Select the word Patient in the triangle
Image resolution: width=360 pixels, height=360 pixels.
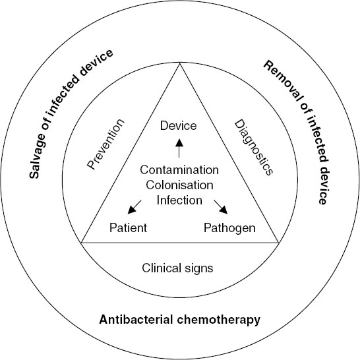pyautogui.click(x=129, y=228)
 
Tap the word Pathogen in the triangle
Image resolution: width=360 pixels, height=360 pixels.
pyautogui.click(x=231, y=228)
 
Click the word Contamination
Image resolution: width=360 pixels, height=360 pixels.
pyautogui.click(x=179, y=170)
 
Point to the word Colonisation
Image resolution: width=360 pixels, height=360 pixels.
pyautogui.click(x=179, y=185)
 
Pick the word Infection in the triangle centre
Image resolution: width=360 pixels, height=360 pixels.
pyautogui.click(x=179, y=199)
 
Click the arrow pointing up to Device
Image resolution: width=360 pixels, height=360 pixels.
pyautogui.click(x=179, y=148)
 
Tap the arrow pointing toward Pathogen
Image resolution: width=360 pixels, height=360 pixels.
pyautogui.click(x=222, y=208)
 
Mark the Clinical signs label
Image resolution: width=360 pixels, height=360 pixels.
pyautogui.click(x=179, y=268)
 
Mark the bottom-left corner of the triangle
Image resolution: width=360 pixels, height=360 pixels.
pyautogui.click(x=82, y=242)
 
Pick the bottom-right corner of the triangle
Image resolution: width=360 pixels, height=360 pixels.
pyautogui.click(x=278, y=242)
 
